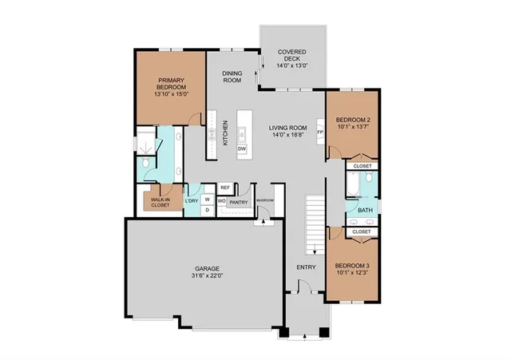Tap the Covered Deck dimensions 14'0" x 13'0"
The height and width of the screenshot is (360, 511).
[292, 66]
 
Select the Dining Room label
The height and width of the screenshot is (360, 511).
[232, 77]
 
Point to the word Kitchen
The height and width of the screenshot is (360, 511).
[226, 133]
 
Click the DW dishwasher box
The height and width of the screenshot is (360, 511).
[241, 149]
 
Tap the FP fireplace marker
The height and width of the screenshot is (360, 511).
[320, 132]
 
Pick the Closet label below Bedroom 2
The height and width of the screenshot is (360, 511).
[362, 166]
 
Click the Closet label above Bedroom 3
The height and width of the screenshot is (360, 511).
[362, 231]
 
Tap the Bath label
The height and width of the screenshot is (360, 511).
[365, 211]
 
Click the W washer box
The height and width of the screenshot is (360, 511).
[208, 199]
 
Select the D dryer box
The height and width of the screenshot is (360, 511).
[208, 210]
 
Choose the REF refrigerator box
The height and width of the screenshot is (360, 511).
[225, 188]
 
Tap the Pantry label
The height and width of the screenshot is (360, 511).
[238, 203]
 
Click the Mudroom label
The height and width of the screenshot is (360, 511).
[265, 200]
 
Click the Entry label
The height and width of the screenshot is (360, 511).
[307, 267]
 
